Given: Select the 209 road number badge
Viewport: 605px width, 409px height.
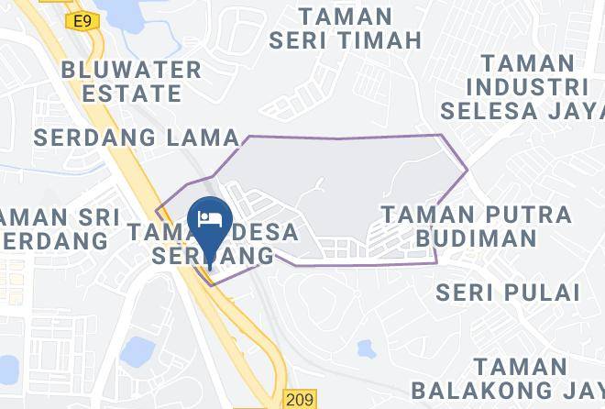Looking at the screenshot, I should click(299, 399).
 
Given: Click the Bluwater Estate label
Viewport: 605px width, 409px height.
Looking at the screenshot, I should click(131, 82).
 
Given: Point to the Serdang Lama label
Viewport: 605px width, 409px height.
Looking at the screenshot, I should click(137, 138).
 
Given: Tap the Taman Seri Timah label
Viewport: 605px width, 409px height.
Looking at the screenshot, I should click(346, 28).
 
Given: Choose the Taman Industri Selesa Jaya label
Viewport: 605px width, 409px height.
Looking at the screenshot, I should click(526, 87).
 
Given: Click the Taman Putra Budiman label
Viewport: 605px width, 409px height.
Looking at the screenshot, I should click(476, 226).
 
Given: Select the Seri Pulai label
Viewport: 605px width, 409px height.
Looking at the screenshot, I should click(508, 293).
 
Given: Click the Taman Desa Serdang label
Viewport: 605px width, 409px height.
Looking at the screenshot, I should click(214, 244).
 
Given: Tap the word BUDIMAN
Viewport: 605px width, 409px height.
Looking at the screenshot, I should click(476, 238).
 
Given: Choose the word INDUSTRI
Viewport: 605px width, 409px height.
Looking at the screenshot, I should click(526, 87).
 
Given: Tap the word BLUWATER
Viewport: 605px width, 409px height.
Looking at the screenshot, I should click(131, 70).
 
